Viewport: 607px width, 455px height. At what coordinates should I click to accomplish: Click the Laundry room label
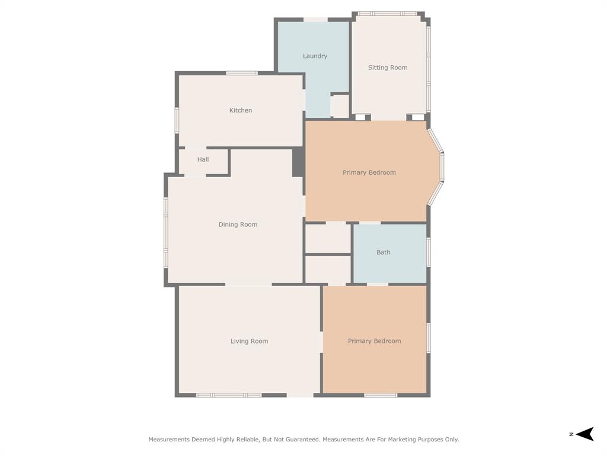pyautogui.click(x=315, y=56)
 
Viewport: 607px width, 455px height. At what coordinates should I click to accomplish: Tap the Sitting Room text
pyautogui.click(x=388, y=68)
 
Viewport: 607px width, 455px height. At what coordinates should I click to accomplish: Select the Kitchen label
pyautogui.click(x=241, y=110)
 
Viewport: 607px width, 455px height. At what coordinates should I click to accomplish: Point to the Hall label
pyautogui.click(x=203, y=159)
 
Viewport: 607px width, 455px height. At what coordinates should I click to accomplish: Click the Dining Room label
pyautogui.click(x=238, y=225)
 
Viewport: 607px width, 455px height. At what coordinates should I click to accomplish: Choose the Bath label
pyautogui.click(x=384, y=252)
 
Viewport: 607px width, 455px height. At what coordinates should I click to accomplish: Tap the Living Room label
pyautogui.click(x=249, y=341)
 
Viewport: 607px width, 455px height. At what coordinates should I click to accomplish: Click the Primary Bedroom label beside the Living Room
pyautogui.click(x=374, y=341)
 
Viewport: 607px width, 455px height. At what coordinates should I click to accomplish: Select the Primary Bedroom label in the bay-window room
pyautogui.click(x=369, y=172)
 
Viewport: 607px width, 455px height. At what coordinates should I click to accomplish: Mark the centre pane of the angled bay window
pyautogui.click(x=442, y=167)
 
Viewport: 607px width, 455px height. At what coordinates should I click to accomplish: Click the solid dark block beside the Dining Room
pyautogui.click(x=298, y=162)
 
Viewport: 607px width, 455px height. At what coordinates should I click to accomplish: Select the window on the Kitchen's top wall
pyautogui.click(x=242, y=73)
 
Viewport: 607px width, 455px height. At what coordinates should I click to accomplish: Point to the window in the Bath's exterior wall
pyautogui.click(x=428, y=252)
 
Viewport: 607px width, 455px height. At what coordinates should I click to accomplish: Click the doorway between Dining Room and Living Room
pyautogui.click(x=248, y=284)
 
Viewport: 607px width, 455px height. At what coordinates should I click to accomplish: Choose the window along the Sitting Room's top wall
pyautogui.click(x=387, y=13)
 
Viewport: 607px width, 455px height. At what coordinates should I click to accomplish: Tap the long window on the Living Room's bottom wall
pyautogui.click(x=229, y=395)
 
